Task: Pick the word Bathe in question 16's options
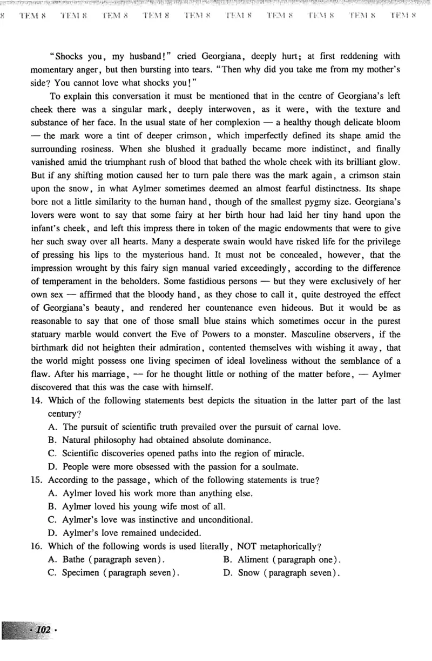(x=74, y=560)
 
